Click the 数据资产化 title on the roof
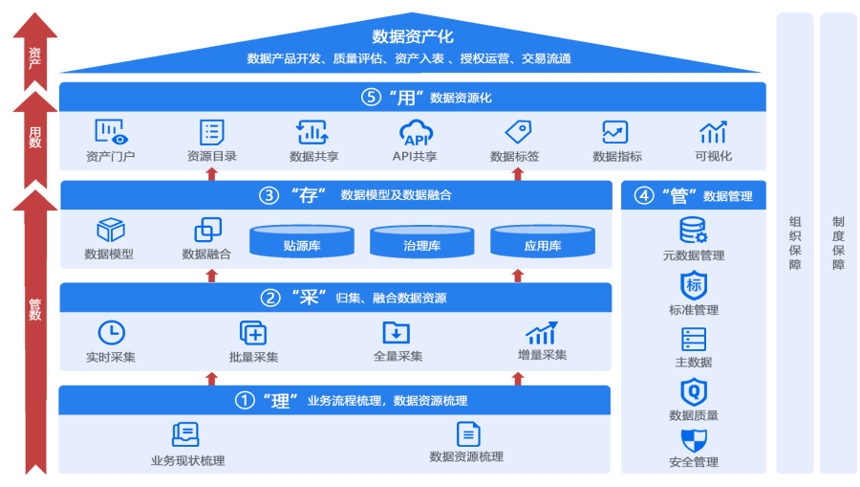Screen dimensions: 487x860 pyautogui.click(x=413, y=37)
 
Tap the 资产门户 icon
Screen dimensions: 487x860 pyautogui.click(x=111, y=132)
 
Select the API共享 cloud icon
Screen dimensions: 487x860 pyautogui.click(x=416, y=132)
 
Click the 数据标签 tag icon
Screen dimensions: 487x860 pyautogui.click(x=517, y=132)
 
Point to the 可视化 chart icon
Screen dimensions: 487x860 pyautogui.click(x=713, y=132)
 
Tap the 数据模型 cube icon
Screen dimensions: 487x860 pyautogui.click(x=111, y=230)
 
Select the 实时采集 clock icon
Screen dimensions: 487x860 pyautogui.click(x=111, y=332)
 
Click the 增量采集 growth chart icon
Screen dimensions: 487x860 pyautogui.click(x=542, y=332)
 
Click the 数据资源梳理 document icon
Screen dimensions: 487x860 pyautogui.click(x=467, y=434)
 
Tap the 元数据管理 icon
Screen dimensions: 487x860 pyautogui.click(x=693, y=231)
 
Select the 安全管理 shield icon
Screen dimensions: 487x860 pyautogui.click(x=694, y=440)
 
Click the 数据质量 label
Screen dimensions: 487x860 pyautogui.click(x=694, y=415)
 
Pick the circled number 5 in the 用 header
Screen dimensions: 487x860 pyautogui.click(x=371, y=98)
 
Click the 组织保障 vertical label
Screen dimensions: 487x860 pyautogui.click(x=795, y=243)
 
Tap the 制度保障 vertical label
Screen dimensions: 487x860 pyautogui.click(x=838, y=243)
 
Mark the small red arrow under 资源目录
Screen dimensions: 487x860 pyautogui.click(x=212, y=173)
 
